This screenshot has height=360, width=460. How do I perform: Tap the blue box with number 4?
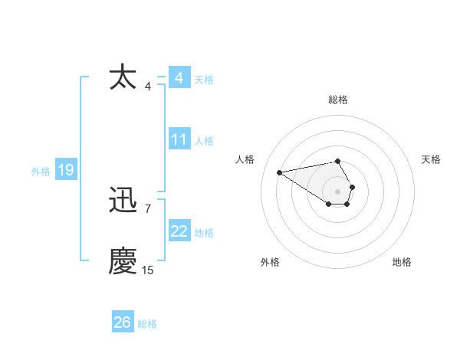point(179,78)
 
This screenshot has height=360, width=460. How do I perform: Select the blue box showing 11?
point(179,139)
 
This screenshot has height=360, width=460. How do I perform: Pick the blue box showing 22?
point(179,231)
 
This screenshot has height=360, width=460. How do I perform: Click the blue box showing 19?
point(65,170)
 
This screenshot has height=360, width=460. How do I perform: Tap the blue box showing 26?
point(122,322)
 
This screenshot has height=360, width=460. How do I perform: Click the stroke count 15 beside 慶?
point(147,270)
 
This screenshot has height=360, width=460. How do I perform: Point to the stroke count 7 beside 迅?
point(147,208)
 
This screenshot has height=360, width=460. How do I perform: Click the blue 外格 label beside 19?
point(41,172)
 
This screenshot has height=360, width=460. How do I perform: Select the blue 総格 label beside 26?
point(147,324)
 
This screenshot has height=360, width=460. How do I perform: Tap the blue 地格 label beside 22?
point(204,233)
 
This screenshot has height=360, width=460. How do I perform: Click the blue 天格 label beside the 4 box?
point(204,80)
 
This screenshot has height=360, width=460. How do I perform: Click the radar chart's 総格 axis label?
point(338,100)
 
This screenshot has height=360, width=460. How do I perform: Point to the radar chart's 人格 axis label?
point(245,159)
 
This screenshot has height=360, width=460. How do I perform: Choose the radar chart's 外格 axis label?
point(270,262)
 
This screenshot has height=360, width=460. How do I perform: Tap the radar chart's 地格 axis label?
point(402,262)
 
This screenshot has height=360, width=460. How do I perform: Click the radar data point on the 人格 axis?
point(280,172)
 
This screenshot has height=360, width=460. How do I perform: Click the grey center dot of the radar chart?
point(338,191)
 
